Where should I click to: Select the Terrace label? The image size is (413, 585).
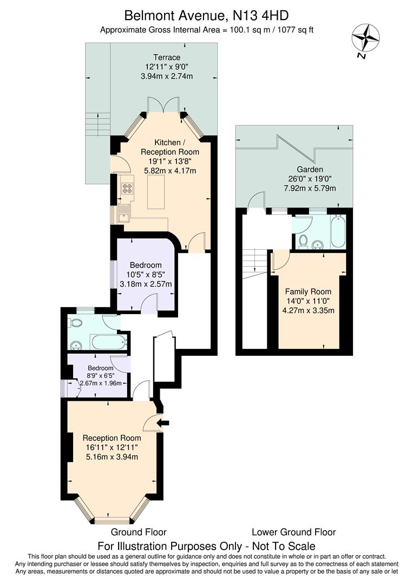pyautogui.click(x=166, y=57)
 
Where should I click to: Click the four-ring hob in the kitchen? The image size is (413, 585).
pyautogui.click(x=128, y=188)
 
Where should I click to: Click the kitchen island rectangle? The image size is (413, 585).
pyautogui.click(x=156, y=191)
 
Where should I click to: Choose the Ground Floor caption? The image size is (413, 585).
pyautogui.click(x=139, y=532)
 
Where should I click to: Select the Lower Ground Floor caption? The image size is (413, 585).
pyautogui.click(x=293, y=532)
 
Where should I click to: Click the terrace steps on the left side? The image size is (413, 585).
pyautogui.click(x=97, y=125)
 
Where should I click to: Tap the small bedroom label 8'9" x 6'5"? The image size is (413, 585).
pyautogui.click(x=101, y=375)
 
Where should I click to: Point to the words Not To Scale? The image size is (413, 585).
pyautogui.click(x=285, y=546)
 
